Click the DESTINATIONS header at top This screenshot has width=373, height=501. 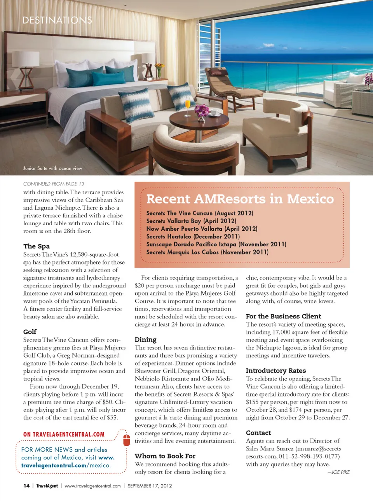pyautogui.click(x=57, y=20)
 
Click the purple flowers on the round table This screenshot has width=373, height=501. pyautogui.click(x=202, y=110)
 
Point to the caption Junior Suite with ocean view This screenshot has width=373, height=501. pyautogui.click(x=52, y=168)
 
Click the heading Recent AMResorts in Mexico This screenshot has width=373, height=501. pyautogui.click(x=240, y=199)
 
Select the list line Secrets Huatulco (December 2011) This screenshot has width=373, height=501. pyautogui.click(x=193, y=237)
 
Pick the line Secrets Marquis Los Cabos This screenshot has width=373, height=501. pyautogui.click(x=207, y=252)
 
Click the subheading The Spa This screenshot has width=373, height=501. pyautogui.click(x=37, y=246)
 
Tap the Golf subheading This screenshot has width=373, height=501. pyautogui.click(x=30, y=332)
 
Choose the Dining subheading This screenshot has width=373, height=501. pyautogui.click(x=145, y=339)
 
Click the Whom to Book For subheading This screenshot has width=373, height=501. pyautogui.click(x=165, y=456)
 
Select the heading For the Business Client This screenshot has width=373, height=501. pyautogui.click(x=283, y=316)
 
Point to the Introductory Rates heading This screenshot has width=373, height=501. pyautogui.click(x=275, y=371)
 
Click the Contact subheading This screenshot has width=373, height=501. pyautogui.click(x=258, y=433)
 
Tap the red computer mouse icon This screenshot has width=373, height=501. pyautogui.click(x=126, y=440)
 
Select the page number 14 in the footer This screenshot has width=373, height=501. pyautogui.click(x=26, y=486)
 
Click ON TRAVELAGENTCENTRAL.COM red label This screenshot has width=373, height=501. pyautogui.click(x=64, y=434)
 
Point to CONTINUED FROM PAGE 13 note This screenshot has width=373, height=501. pyautogui.click(x=54, y=184)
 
